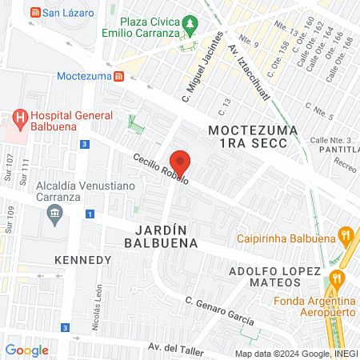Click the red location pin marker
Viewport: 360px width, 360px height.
(x=180, y=162)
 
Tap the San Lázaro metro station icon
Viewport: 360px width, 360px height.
(x=34, y=13)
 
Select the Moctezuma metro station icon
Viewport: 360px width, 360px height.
(x=118, y=77)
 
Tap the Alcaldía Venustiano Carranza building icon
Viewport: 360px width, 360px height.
(x=55, y=212)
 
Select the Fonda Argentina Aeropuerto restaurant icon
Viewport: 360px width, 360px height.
(x=336, y=278)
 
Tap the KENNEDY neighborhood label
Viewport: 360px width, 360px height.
(x=82, y=261)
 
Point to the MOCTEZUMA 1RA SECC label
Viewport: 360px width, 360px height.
(x=253, y=136)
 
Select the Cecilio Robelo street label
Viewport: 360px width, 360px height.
(x=161, y=168)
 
